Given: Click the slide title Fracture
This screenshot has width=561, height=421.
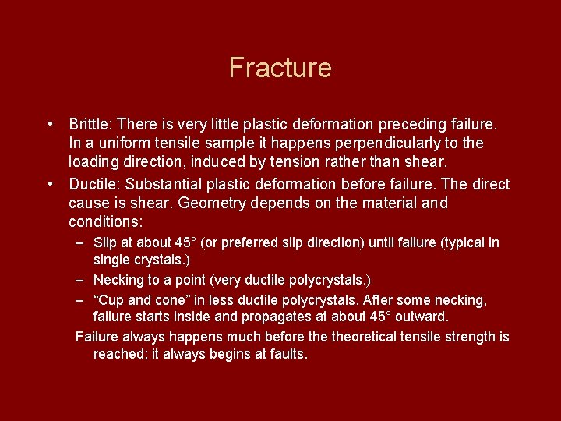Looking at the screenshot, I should tap(280, 68).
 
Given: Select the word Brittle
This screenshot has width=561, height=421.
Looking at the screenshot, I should tap(90, 124).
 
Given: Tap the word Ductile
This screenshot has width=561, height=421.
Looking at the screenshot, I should tap(94, 184).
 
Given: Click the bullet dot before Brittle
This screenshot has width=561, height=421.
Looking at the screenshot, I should tap(50, 124).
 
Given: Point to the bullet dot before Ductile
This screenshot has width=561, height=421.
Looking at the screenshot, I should tap(50, 184).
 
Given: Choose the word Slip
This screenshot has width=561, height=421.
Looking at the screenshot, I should tap(105, 242).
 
